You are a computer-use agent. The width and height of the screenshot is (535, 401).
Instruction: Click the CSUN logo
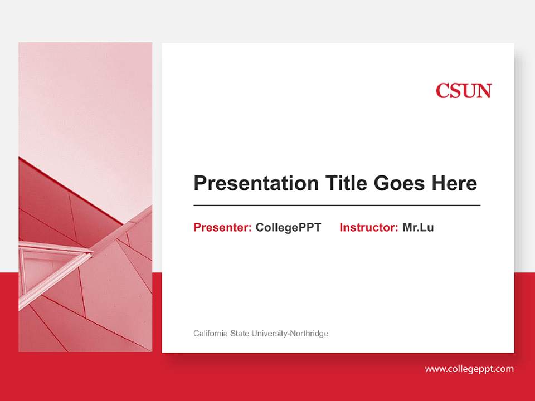(x=463, y=91)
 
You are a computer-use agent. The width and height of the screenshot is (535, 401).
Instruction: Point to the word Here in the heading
(x=454, y=183)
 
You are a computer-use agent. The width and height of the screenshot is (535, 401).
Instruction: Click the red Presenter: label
(x=222, y=227)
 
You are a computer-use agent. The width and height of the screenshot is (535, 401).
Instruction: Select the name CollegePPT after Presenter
(x=288, y=227)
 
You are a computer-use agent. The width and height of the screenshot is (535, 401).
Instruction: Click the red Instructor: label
(x=368, y=227)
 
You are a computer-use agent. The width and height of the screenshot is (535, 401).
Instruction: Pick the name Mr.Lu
(x=418, y=227)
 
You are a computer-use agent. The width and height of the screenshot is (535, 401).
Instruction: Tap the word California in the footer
(x=211, y=334)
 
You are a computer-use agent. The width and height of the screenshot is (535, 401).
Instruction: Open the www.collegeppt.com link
(x=469, y=369)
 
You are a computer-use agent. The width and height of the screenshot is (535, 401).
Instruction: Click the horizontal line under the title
(x=337, y=206)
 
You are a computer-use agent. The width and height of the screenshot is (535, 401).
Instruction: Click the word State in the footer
(x=240, y=334)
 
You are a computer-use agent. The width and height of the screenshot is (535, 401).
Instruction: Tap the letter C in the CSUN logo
(x=442, y=91)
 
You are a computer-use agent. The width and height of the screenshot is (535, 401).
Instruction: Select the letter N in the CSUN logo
(x=484, y=91)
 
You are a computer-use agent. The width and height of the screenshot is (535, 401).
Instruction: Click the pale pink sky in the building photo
(x=84, y=100)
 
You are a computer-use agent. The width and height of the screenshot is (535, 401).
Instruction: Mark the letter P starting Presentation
(x=200, y=183)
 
